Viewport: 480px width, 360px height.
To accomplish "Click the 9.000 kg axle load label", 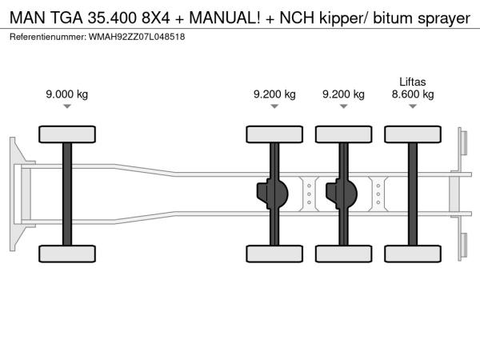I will [67, 94].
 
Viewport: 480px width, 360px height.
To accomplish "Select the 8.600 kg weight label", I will [412, 94].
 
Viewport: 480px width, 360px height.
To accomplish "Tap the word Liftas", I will [413, 81].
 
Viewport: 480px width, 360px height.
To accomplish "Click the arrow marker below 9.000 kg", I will [67, 106].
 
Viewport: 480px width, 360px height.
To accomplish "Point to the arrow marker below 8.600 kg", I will [412, 106].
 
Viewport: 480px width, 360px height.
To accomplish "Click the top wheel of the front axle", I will [67, 133].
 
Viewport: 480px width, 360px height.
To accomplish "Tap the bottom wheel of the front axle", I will [67, 254].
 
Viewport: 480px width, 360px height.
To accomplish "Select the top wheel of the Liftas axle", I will [412, 133].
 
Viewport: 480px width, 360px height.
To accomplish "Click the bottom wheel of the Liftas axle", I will [412, 254].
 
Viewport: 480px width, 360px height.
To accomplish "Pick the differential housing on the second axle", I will [274, 193].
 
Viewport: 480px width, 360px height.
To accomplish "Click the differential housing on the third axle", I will [343, 193].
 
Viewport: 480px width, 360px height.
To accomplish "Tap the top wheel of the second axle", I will [274, 133].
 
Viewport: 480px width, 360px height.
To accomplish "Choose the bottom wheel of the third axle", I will [343, 254].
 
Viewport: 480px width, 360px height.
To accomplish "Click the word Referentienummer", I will [46, 37].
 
